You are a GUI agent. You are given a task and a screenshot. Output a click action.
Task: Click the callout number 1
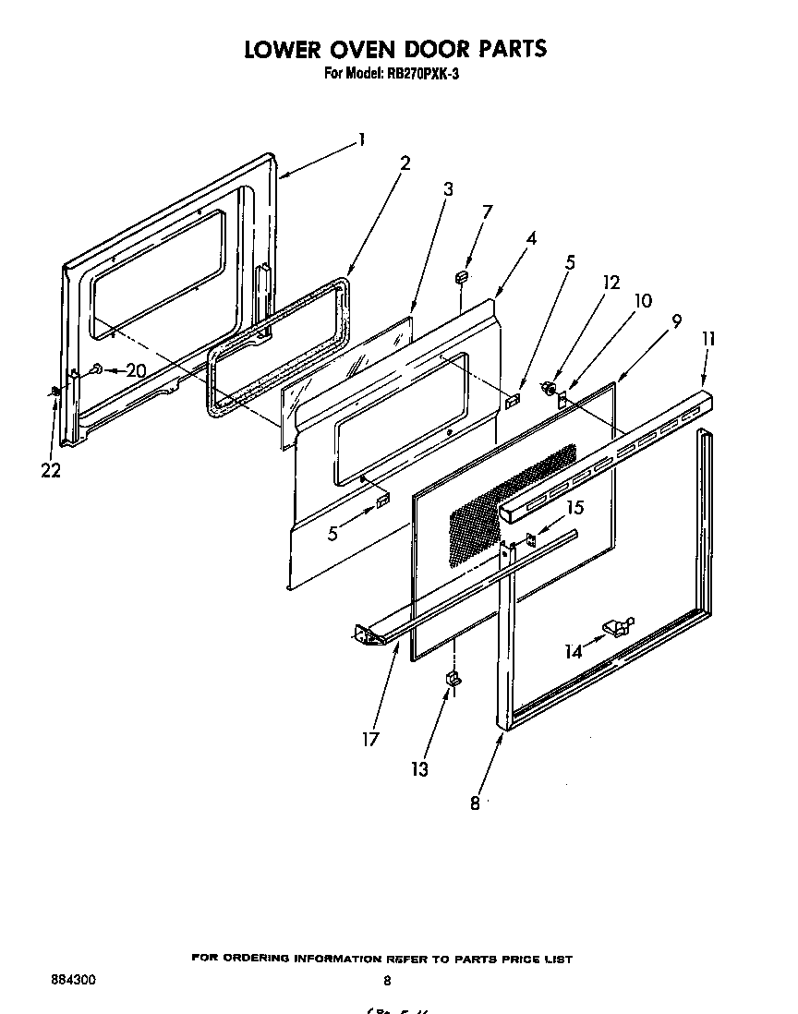tap(363, 140)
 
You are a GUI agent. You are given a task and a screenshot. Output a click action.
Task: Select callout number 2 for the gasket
tap(405, 163)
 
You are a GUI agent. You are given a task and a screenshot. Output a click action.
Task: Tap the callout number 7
tap(487, 211)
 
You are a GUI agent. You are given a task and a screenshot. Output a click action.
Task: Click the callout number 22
tap(51, 470)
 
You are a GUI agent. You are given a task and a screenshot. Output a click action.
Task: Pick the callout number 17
tap(370, 739)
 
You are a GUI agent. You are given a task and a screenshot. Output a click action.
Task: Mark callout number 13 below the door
tap(420, 768)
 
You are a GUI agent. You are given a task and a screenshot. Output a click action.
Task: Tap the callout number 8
tap(475, 803)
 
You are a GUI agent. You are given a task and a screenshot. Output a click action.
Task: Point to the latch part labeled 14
tap(617, 628)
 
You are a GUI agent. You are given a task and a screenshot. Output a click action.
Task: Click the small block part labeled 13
tap(453, 680)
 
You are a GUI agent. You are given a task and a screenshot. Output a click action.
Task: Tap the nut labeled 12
tap(548, 388)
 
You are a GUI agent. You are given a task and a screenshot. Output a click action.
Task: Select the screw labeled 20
tap(96, 370)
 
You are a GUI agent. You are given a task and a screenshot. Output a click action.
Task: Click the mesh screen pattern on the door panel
tap(508, 503)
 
